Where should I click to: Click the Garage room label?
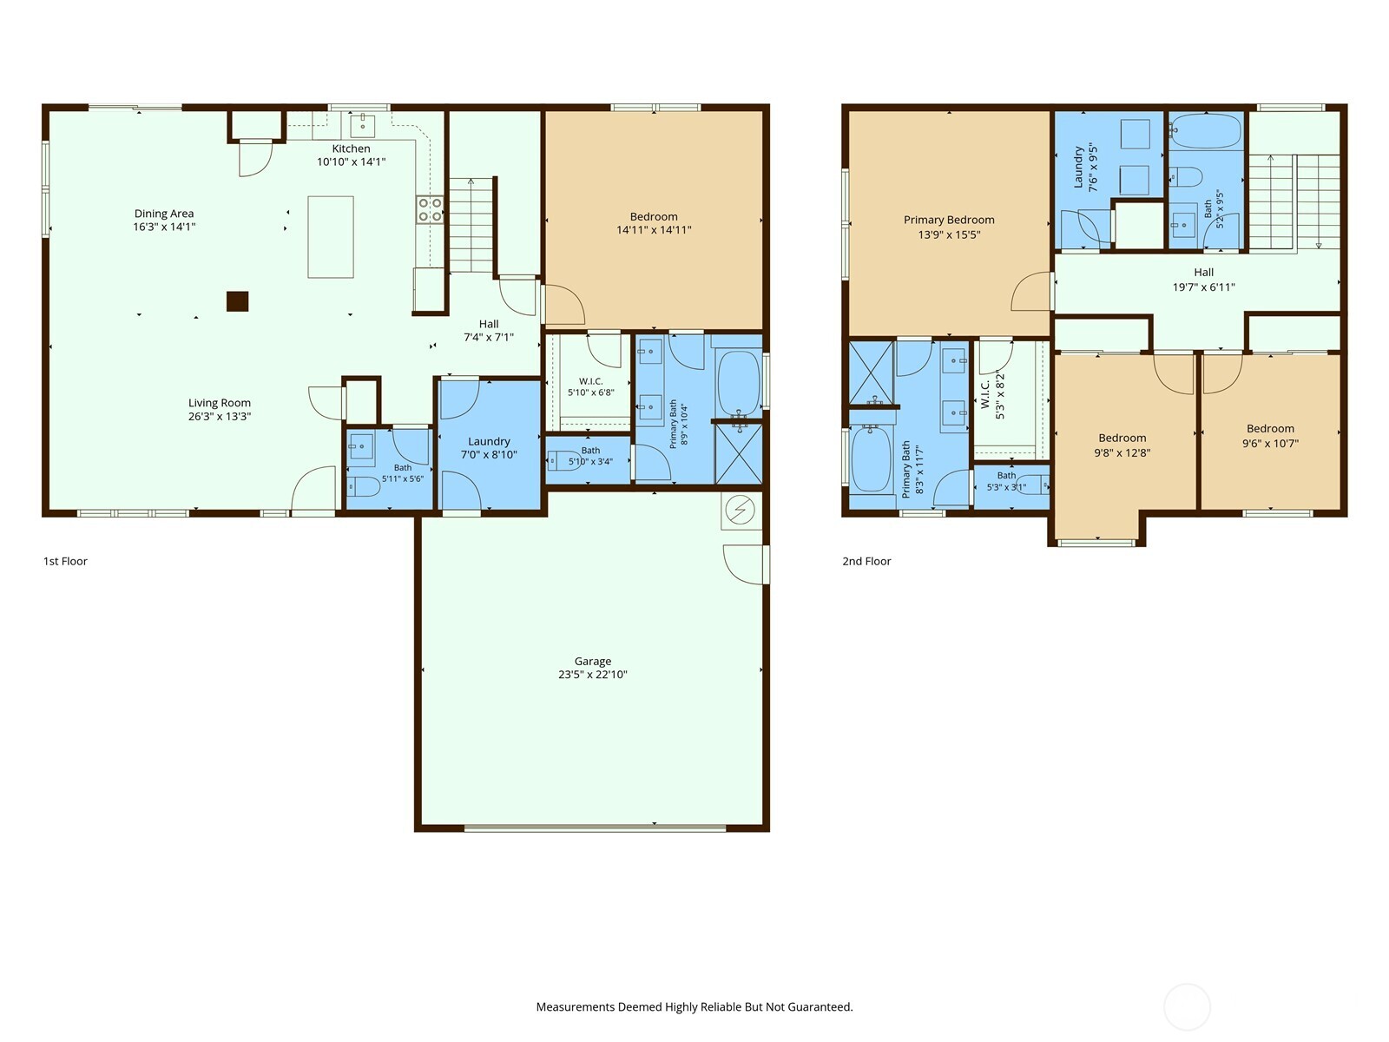[592, 661]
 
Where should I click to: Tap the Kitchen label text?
[351, 148]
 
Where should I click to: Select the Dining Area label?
[164, 214]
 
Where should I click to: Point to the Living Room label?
[219, 403]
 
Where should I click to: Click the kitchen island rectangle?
[331, 236]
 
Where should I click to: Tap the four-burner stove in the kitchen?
[430, 209]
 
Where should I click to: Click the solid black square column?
[237, 301]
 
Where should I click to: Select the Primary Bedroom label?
[949, 221]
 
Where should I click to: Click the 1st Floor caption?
[65, 561]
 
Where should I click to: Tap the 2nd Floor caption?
[866, 561]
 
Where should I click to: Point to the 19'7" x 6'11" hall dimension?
[1203, 287]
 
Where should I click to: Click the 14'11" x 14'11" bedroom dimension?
[654, 230]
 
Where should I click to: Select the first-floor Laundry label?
[489, 442]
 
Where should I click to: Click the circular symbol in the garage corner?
[740, 510]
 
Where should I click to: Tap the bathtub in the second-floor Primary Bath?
[872, 458]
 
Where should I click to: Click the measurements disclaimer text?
[694, 1006]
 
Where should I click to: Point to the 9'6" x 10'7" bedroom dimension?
[1270, 444]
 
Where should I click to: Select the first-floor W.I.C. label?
[590, 381]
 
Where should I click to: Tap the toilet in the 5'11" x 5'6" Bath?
[364, 486]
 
